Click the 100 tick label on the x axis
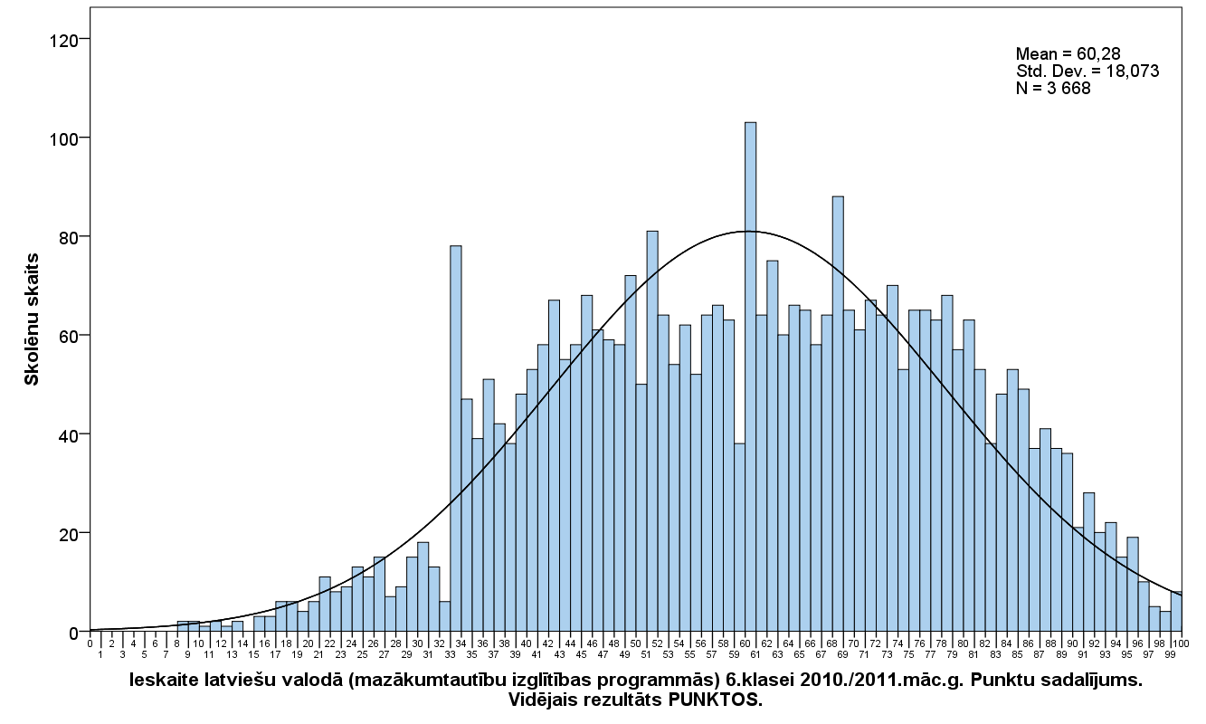coord(1176,643)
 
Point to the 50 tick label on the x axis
coord(635,643)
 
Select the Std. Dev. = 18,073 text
coord(1087,71)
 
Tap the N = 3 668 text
coord(1053,88)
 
